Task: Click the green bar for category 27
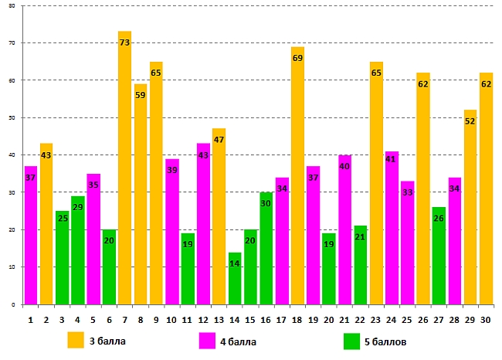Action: [439, 256]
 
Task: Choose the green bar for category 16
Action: [266, 248]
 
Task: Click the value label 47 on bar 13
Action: [219, 140]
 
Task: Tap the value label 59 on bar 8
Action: [141, 96]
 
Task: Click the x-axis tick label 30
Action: [486, 318]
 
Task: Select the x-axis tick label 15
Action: [250, 318]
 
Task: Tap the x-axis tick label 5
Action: [93, 318]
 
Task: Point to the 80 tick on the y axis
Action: [12, 6]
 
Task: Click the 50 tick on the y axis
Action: [12, 118]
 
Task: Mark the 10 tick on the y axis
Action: [12, 267]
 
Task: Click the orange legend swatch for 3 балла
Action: [76, 339]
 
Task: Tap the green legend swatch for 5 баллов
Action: [351, 339]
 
